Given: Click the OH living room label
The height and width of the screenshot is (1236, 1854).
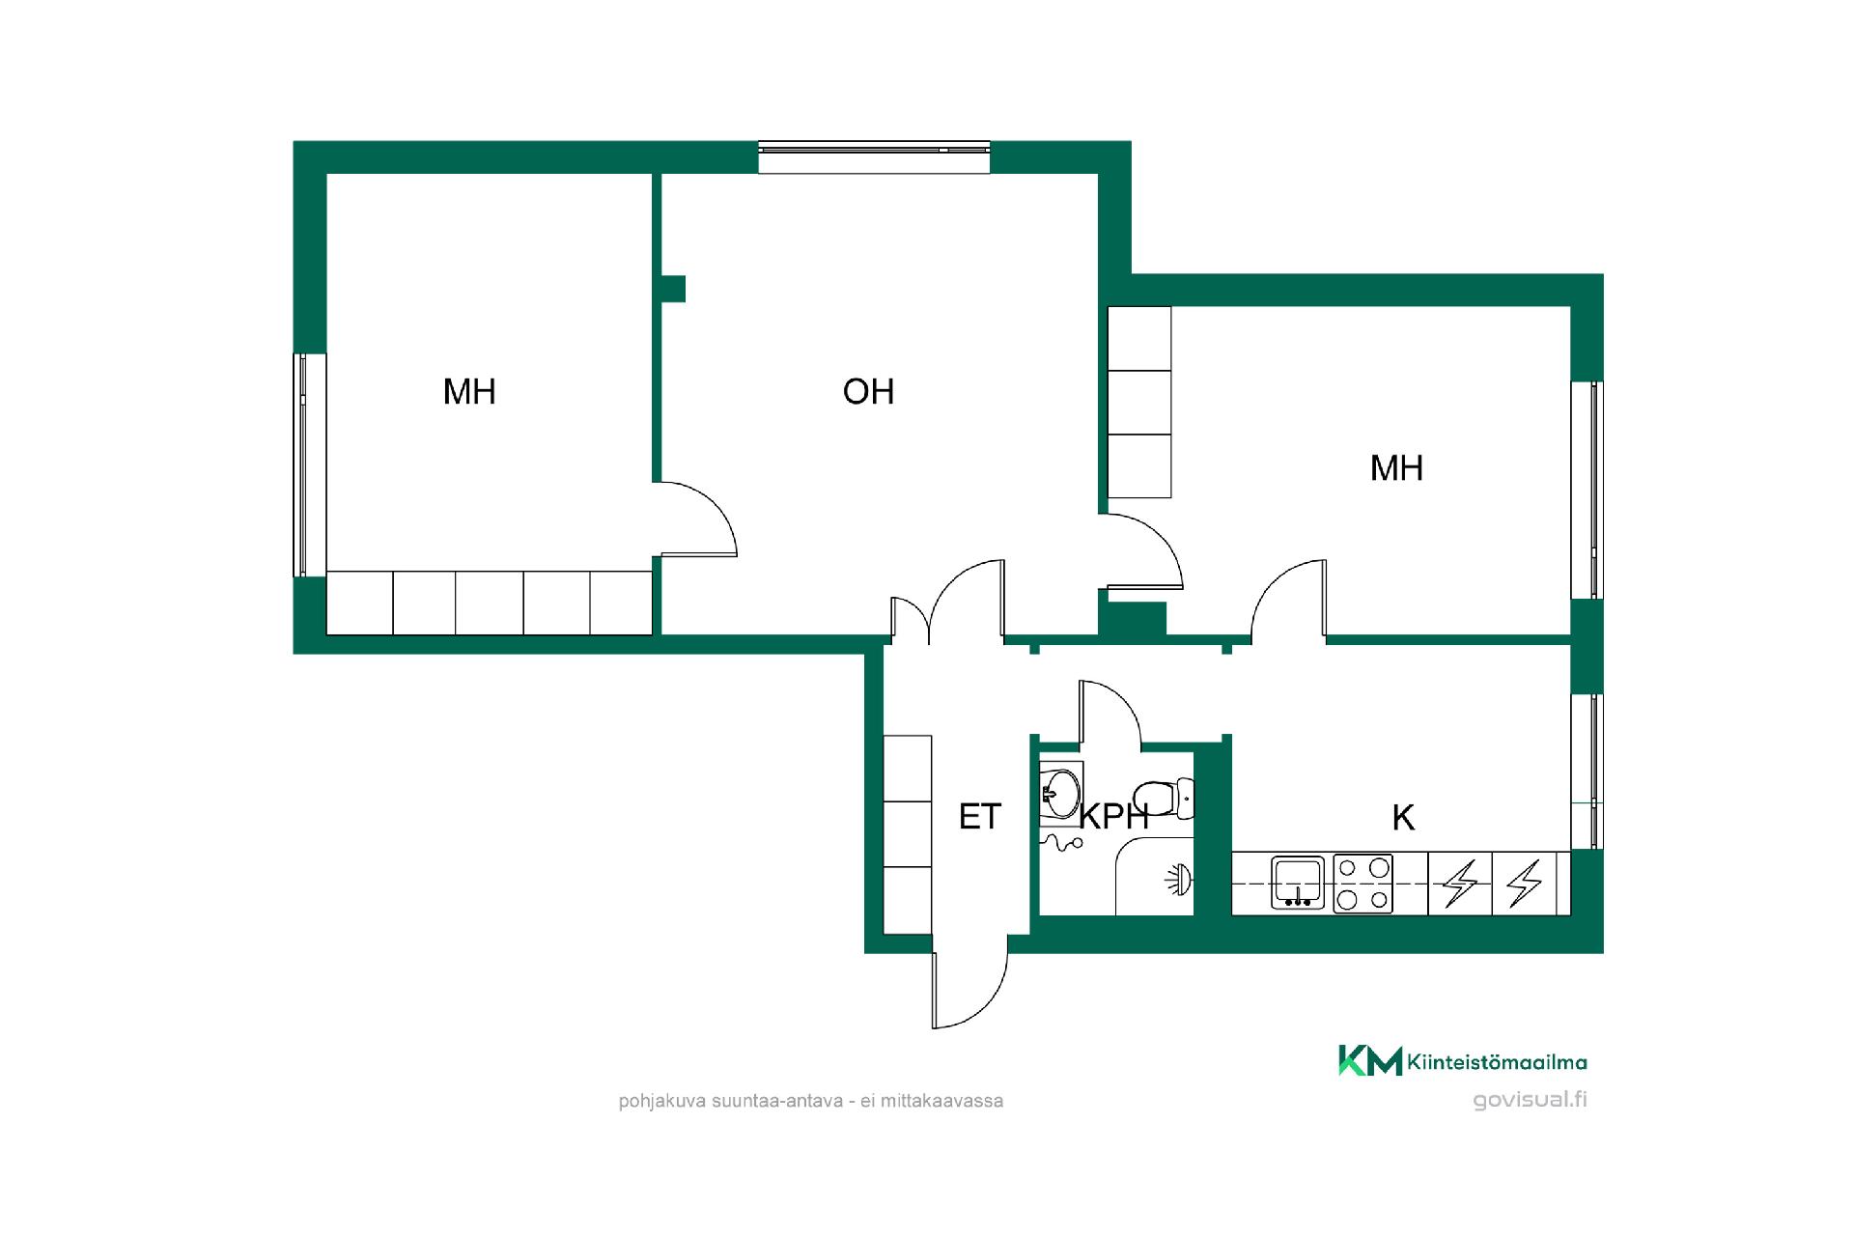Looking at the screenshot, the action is [868, 391].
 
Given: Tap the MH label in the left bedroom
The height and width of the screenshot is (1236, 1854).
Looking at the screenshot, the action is [469, 391].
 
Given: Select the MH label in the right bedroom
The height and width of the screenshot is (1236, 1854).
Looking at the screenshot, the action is [1396, 468].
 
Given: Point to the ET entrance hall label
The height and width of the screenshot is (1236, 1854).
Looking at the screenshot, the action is [979, 817].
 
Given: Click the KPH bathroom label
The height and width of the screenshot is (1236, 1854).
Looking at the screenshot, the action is [1113, 817].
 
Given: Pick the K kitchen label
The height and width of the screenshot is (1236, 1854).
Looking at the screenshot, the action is [1403, 818].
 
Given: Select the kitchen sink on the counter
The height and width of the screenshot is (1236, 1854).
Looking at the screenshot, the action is [1297, 883].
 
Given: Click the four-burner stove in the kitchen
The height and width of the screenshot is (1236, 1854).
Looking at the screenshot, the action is [1362, 884].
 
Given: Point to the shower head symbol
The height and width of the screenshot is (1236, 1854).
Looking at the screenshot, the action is [1180, 879].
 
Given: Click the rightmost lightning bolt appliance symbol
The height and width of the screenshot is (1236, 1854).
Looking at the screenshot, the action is [1525, 883].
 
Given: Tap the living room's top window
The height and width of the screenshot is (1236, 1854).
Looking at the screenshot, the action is [874, 157].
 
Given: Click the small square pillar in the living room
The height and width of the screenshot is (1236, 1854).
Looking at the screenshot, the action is [673, 289].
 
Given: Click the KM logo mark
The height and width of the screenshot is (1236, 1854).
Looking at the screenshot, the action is [1369, 1059].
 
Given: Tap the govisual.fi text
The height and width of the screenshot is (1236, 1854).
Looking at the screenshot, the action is [1530, 1100].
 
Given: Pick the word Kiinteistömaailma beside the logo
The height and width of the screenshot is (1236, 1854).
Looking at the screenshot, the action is [1497, 1062].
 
